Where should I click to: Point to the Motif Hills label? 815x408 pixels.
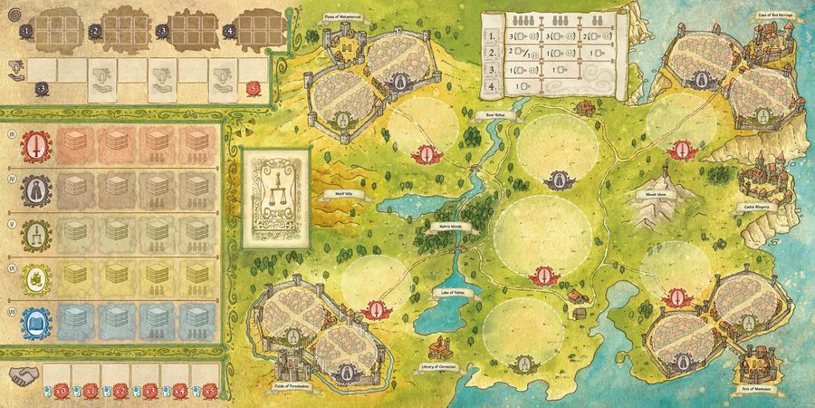tap(338, 192)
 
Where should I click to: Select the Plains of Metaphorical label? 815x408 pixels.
tap(347, 15)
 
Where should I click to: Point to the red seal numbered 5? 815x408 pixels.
tap(255, 88)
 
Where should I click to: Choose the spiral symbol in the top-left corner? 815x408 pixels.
tap(14, 15)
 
